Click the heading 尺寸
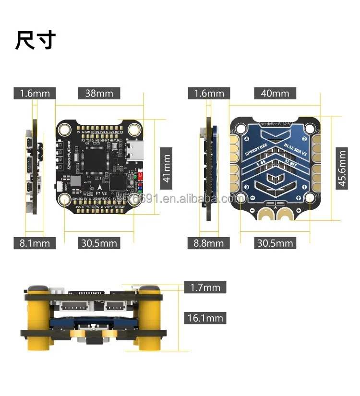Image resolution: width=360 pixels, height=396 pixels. [x=36, y=40]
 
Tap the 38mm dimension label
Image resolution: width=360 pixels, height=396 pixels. [x=99, y=93]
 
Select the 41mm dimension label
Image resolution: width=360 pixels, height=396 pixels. [x=166, y=165]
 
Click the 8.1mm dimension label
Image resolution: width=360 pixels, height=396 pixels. [x=35, y=243]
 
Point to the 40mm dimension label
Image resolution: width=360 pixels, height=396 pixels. [x=275, y=93]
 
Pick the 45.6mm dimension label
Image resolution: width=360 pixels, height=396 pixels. [x=341, y=168]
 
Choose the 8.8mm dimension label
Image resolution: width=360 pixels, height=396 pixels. [x=209, y=243]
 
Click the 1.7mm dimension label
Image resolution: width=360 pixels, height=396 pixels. [x=205, y=288]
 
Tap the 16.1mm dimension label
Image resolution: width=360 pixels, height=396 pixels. [x=205, y=318]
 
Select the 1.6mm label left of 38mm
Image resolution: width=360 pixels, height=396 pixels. [x=35, y=93]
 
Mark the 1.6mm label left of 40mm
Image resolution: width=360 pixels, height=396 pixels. [x=209, y=93]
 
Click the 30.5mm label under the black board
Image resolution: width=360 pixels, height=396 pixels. [x=99, y=243]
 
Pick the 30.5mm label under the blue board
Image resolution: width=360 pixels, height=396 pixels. [x=275, y=243]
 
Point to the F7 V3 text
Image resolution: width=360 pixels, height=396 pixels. [x=102, y=193]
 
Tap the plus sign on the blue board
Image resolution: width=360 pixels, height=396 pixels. [x=299, y=210]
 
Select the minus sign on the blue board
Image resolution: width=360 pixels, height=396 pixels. [x=252, y=210]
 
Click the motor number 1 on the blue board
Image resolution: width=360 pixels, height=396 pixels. [x=303, y=187]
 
